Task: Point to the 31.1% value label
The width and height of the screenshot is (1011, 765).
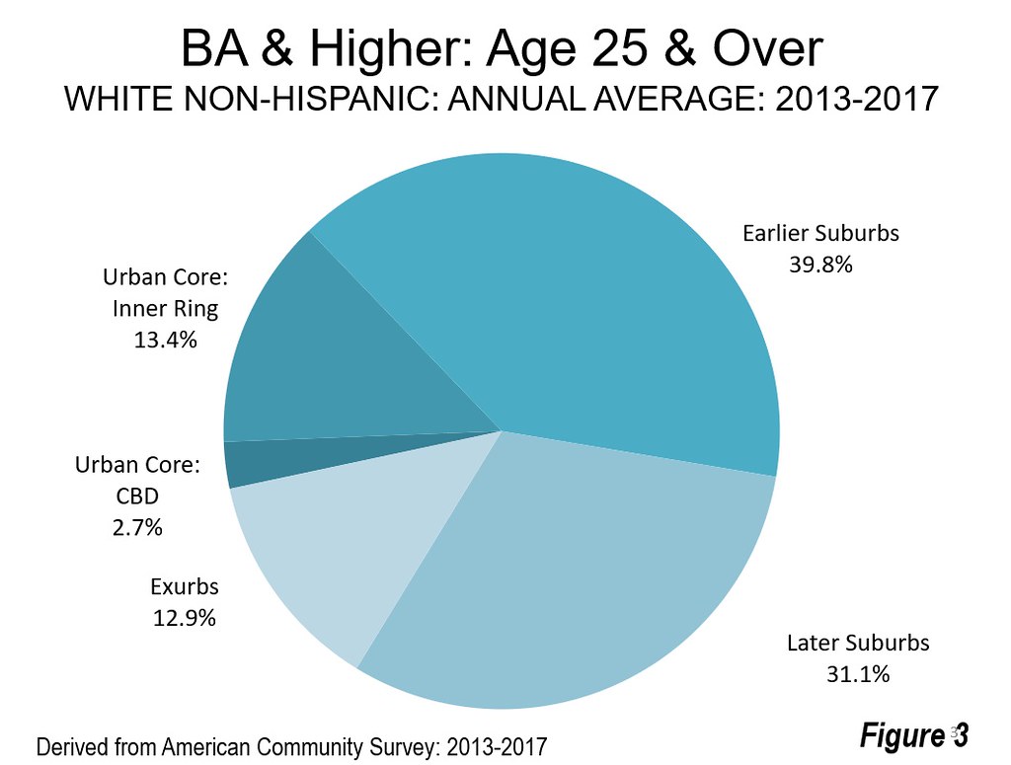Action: (x=857, y=675)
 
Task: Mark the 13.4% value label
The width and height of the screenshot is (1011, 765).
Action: (x=165, y=340)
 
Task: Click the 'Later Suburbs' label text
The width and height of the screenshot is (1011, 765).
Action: (x=857, y=644)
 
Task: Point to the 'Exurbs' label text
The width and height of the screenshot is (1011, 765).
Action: (x=184, y=587)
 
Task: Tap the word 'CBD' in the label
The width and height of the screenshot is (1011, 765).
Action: (x=138, y=497)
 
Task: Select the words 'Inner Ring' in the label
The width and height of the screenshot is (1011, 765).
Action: (x=165, y=308)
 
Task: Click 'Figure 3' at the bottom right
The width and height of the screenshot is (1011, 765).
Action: (x=913, y=735)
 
